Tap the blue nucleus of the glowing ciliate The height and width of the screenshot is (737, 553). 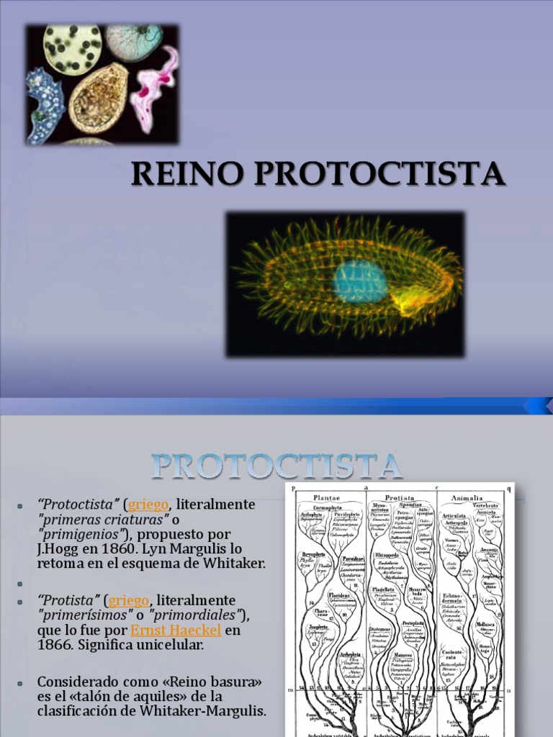(359, 281)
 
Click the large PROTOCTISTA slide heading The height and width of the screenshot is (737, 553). (276, 466)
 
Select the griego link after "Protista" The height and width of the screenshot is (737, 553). (129, 600)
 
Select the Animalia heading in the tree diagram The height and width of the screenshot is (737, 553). (467, 497)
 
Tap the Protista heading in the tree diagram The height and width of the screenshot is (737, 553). (400, 497)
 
